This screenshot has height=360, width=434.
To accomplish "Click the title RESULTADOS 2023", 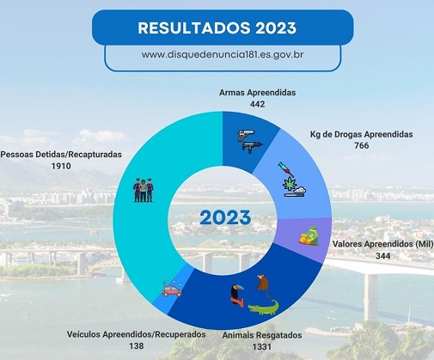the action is coord(217,28).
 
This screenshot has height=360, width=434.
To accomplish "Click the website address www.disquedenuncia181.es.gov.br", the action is coord(223,54).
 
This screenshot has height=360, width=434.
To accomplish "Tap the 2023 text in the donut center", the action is coord(225,217).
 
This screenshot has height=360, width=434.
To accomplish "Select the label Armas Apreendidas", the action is coord(257,93).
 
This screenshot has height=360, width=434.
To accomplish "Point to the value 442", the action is coord(257,104).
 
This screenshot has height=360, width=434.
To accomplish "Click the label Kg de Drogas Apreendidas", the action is coord(362,134).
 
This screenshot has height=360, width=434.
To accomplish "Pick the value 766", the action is coord(362,145).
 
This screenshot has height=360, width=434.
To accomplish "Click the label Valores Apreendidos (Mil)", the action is coord(383,244).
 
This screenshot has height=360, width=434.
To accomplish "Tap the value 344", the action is coord(383,256).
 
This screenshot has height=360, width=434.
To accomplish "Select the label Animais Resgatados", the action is coord(262,335).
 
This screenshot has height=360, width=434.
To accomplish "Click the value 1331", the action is coord(262,347).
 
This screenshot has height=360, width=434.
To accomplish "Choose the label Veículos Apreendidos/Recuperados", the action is coord(137,334).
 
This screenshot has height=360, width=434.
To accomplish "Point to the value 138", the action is coord(137,346).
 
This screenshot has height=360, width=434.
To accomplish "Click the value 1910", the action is coord(61,166).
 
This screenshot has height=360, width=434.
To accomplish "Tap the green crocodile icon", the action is coord(264,308).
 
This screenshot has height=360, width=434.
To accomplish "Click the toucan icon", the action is coord(237,296).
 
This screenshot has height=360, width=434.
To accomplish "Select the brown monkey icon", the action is coord(264,286).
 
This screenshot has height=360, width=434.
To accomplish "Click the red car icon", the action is coord(172,290).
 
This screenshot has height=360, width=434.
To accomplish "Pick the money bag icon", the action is coord(309,236).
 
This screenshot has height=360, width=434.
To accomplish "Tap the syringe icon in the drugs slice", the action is coord(286,169).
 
